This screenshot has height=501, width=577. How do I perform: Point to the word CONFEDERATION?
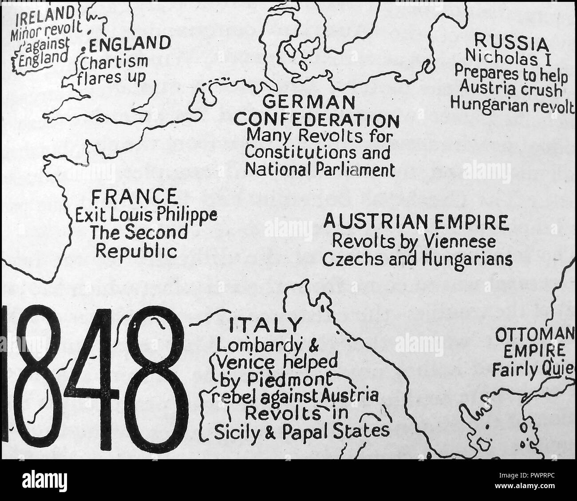click(316, 120)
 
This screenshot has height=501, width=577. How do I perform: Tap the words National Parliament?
click(320, 169)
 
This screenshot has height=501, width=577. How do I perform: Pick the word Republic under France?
click(137, 251)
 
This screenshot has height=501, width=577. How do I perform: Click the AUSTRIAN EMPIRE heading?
click(416, 222)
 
